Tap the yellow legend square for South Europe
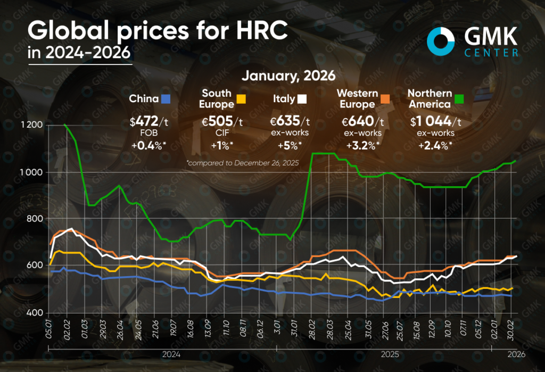(x=241, y=98)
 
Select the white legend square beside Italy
(x=301, y=98)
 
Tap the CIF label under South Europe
(x=220, y=134)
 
